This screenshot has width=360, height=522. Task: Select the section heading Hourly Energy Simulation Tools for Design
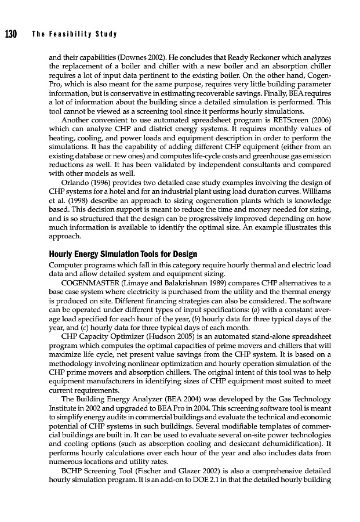(123, 254)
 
